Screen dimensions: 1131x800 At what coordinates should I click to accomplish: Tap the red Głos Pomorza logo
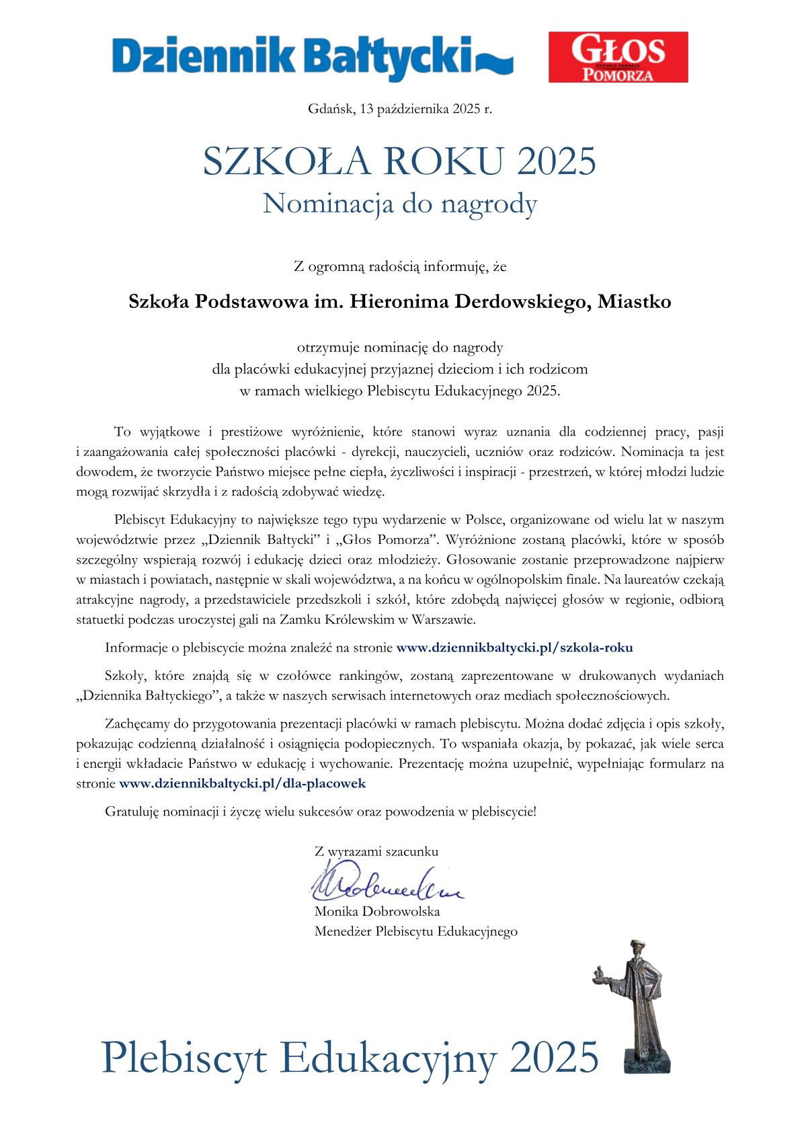click(x=618, y=57)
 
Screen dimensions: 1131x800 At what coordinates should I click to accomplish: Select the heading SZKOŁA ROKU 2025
click(x=400, y=162)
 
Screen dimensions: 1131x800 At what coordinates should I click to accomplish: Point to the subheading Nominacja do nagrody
click(x=400, y=203)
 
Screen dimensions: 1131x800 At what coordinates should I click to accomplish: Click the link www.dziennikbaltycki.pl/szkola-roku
click(x=514, y=648)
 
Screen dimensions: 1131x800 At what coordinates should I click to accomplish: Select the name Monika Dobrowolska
click(x=376, y=912)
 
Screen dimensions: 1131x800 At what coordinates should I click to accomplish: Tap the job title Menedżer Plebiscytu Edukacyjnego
click(x=415, y=932)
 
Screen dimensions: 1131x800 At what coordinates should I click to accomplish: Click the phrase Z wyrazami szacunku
click(x=376, y=851)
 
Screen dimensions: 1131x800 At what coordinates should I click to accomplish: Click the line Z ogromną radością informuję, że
click(x=400, y=267)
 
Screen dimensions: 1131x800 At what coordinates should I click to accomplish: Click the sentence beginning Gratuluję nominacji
click(x=321, y=812)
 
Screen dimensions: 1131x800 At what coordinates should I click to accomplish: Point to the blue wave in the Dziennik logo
click(x=495, y=63)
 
